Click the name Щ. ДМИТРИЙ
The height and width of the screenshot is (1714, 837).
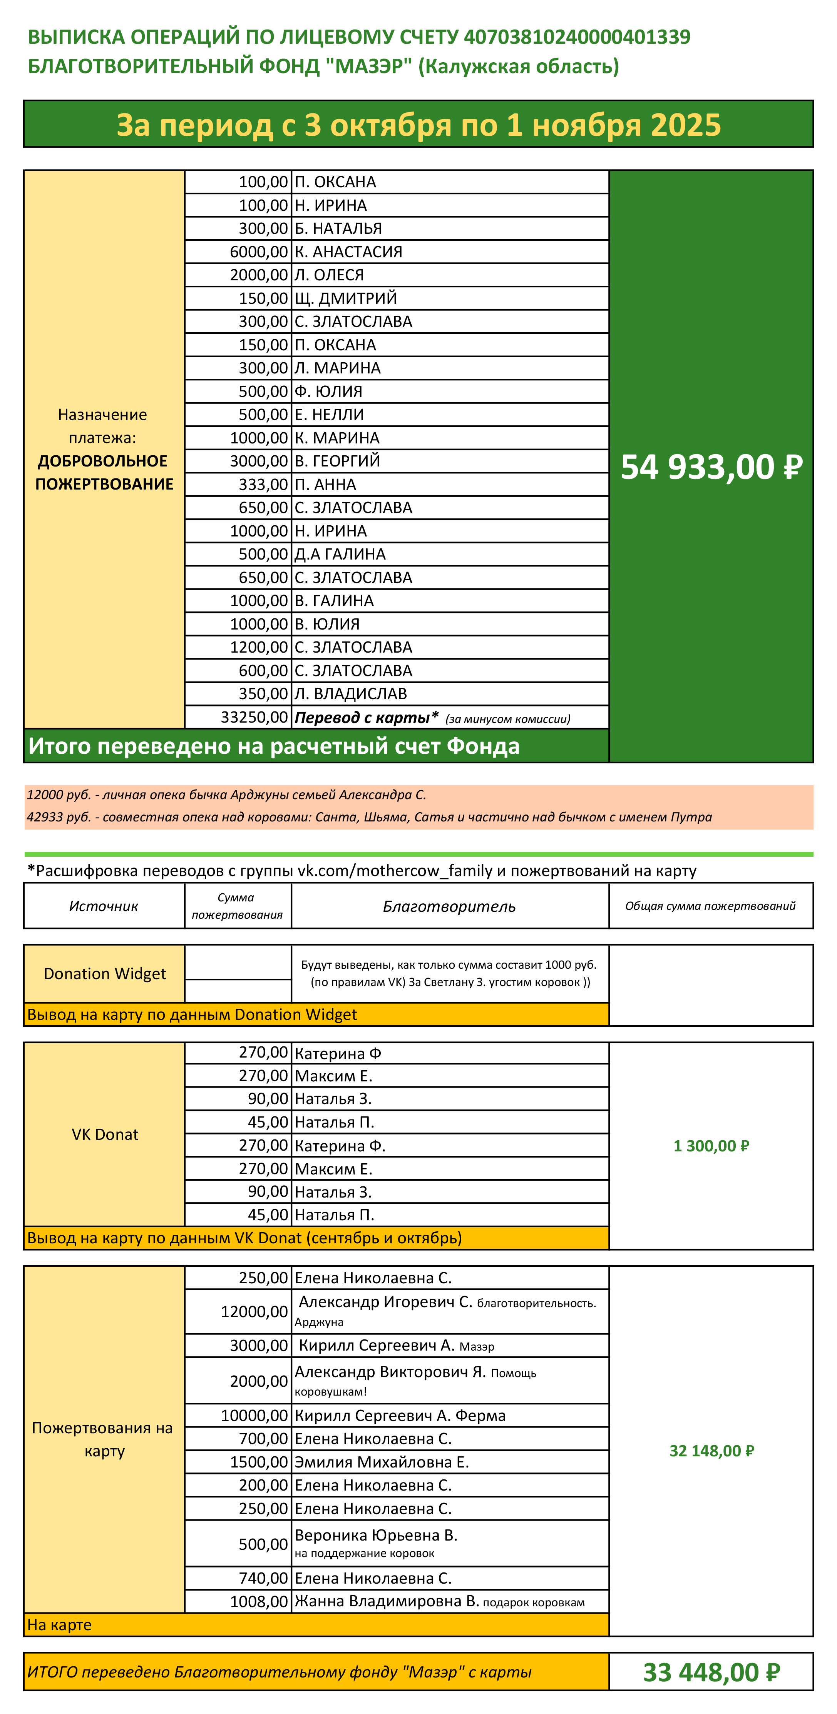point(346,298)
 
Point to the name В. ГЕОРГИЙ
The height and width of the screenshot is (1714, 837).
point(337,460)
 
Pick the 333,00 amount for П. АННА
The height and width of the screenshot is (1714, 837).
point(263,485)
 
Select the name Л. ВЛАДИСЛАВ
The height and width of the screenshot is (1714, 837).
point(350,693)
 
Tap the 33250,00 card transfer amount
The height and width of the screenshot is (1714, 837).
point(254,716)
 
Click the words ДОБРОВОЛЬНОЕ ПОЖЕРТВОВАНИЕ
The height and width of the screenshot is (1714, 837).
point(104,472)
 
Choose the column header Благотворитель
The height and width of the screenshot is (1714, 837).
point(449,906)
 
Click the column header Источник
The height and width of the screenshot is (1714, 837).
point(104,906)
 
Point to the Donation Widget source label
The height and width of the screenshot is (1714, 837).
point(105,973)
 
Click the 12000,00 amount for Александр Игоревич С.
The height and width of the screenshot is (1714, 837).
point(254,1311)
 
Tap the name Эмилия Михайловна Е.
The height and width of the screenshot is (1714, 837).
point(382,1462)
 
